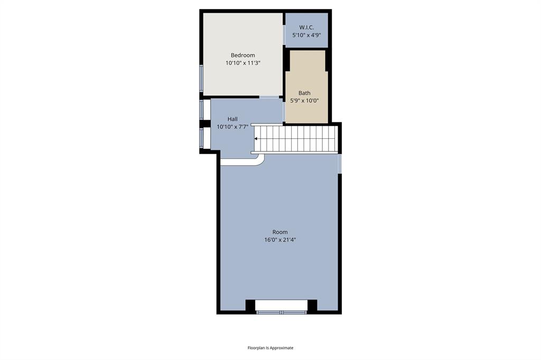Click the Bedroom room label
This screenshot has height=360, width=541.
tap(243, 55)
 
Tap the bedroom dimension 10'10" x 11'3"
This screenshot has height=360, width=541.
tap(243, 63)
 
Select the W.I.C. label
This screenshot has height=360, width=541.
tap(306, 27)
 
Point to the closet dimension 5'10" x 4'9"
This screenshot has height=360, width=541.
tap(307, 35)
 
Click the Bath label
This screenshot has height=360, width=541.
tap(304, 93)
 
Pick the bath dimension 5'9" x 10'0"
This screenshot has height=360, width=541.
tap(304, 101)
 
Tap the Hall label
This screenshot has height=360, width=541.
tap(232, 119)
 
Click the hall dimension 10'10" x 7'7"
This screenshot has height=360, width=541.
tap(232, 127)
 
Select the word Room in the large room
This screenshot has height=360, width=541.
tap(280, 232)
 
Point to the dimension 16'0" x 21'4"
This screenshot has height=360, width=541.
tap(280, 240)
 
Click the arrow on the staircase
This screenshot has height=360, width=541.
tap(256, 139)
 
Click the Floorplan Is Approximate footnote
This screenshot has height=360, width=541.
tap(270, 348)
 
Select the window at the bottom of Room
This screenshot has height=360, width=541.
tap(282, 312)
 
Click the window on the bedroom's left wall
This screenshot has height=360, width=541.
tap(201, 78)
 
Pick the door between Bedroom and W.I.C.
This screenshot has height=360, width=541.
tap(284, 35)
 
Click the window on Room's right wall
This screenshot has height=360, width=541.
tap(340, 164)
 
